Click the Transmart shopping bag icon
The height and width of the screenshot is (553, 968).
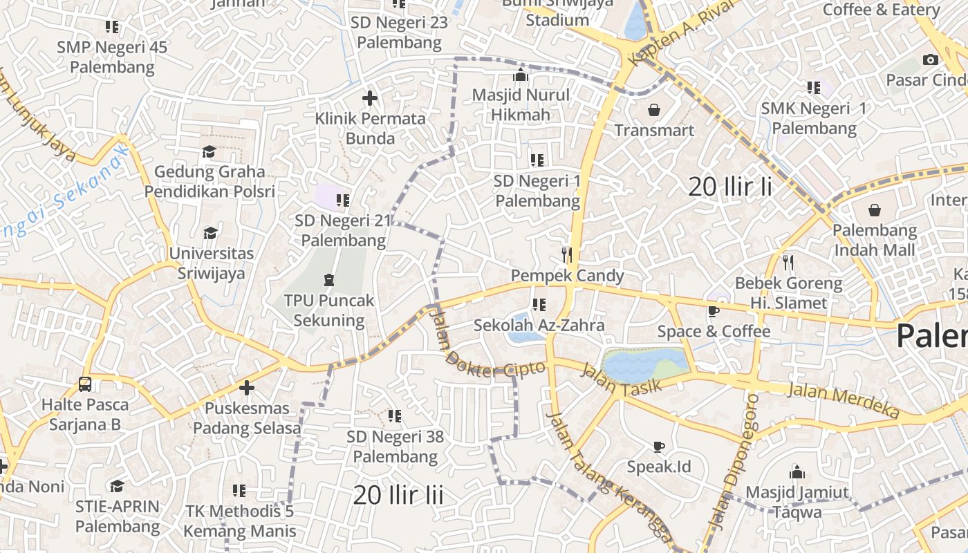click(653, 110)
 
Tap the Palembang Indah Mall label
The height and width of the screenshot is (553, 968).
click(875, 240)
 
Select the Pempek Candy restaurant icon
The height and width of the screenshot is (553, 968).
click(567, 255)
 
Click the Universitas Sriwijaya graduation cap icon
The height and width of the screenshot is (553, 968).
click(210, 233)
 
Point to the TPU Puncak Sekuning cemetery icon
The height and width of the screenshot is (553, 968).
click(328, 280)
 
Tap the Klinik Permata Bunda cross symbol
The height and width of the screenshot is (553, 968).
click(370, 98)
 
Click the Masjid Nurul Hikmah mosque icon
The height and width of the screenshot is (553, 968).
click(521, 75)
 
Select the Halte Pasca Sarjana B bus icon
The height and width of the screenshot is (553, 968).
click(85, 384)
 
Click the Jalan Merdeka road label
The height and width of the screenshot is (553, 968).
click(844, 400)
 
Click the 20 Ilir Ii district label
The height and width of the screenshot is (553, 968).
click(730, 187)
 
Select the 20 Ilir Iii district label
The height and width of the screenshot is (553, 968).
click(398, 495)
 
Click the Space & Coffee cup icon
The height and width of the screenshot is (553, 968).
click(714, 311)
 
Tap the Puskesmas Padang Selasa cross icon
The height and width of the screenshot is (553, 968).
click(247, 388)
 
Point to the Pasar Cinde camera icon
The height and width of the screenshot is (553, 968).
click(931, 59)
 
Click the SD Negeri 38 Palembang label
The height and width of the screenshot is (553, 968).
click(395, 447)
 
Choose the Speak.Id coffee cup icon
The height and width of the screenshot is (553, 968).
click(658, 446)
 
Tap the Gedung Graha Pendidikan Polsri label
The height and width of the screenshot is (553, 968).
click(210, 181)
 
